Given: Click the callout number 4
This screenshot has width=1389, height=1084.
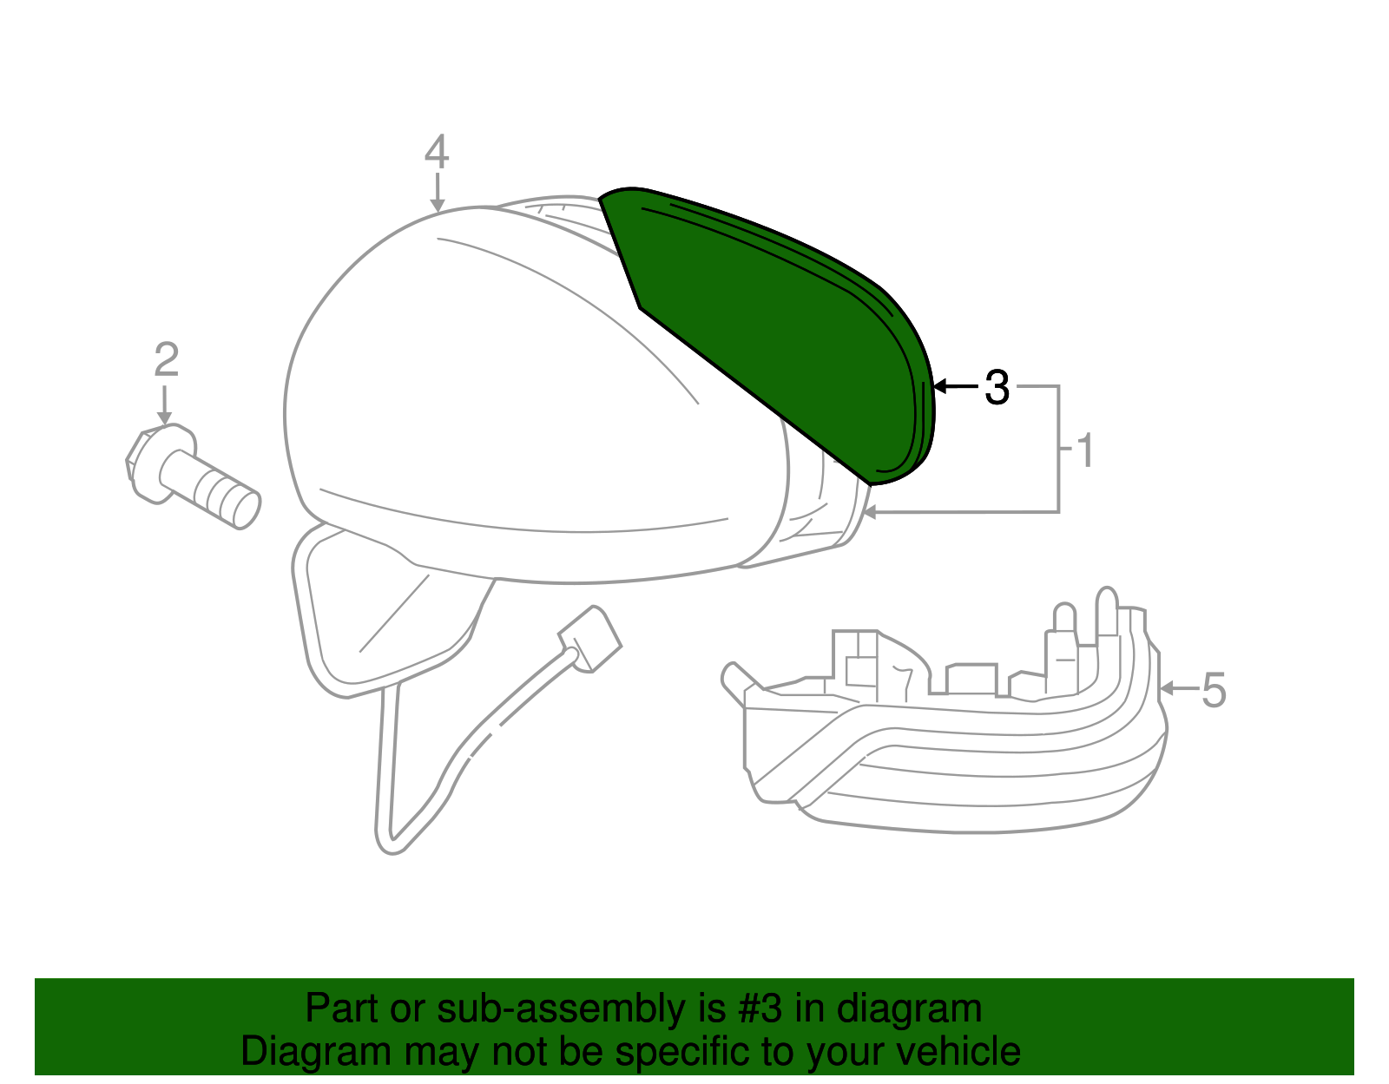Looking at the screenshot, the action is [x=437, y=152].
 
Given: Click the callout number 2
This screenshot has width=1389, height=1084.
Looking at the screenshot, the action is [x=166, y=359].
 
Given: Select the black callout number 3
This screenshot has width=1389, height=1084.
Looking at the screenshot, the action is [x=997, y=387].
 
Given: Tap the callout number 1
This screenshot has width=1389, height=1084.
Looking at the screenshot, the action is [x=1086, y=450].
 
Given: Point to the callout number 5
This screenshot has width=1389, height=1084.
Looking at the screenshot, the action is [x=1214, y=691].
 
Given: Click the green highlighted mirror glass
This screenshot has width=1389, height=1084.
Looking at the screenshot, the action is [x=773, y=332].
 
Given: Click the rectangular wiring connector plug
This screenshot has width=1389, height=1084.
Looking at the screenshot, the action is [x=590, y=639].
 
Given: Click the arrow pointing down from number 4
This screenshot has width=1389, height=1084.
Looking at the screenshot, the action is [x=438, y=192].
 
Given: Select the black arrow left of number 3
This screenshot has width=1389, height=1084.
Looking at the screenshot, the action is [x=956, y=386].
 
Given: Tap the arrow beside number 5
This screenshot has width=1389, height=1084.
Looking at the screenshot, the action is [x=1179, y=688].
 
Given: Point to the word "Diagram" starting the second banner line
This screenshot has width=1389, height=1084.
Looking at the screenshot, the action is [x=316, y=1052].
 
